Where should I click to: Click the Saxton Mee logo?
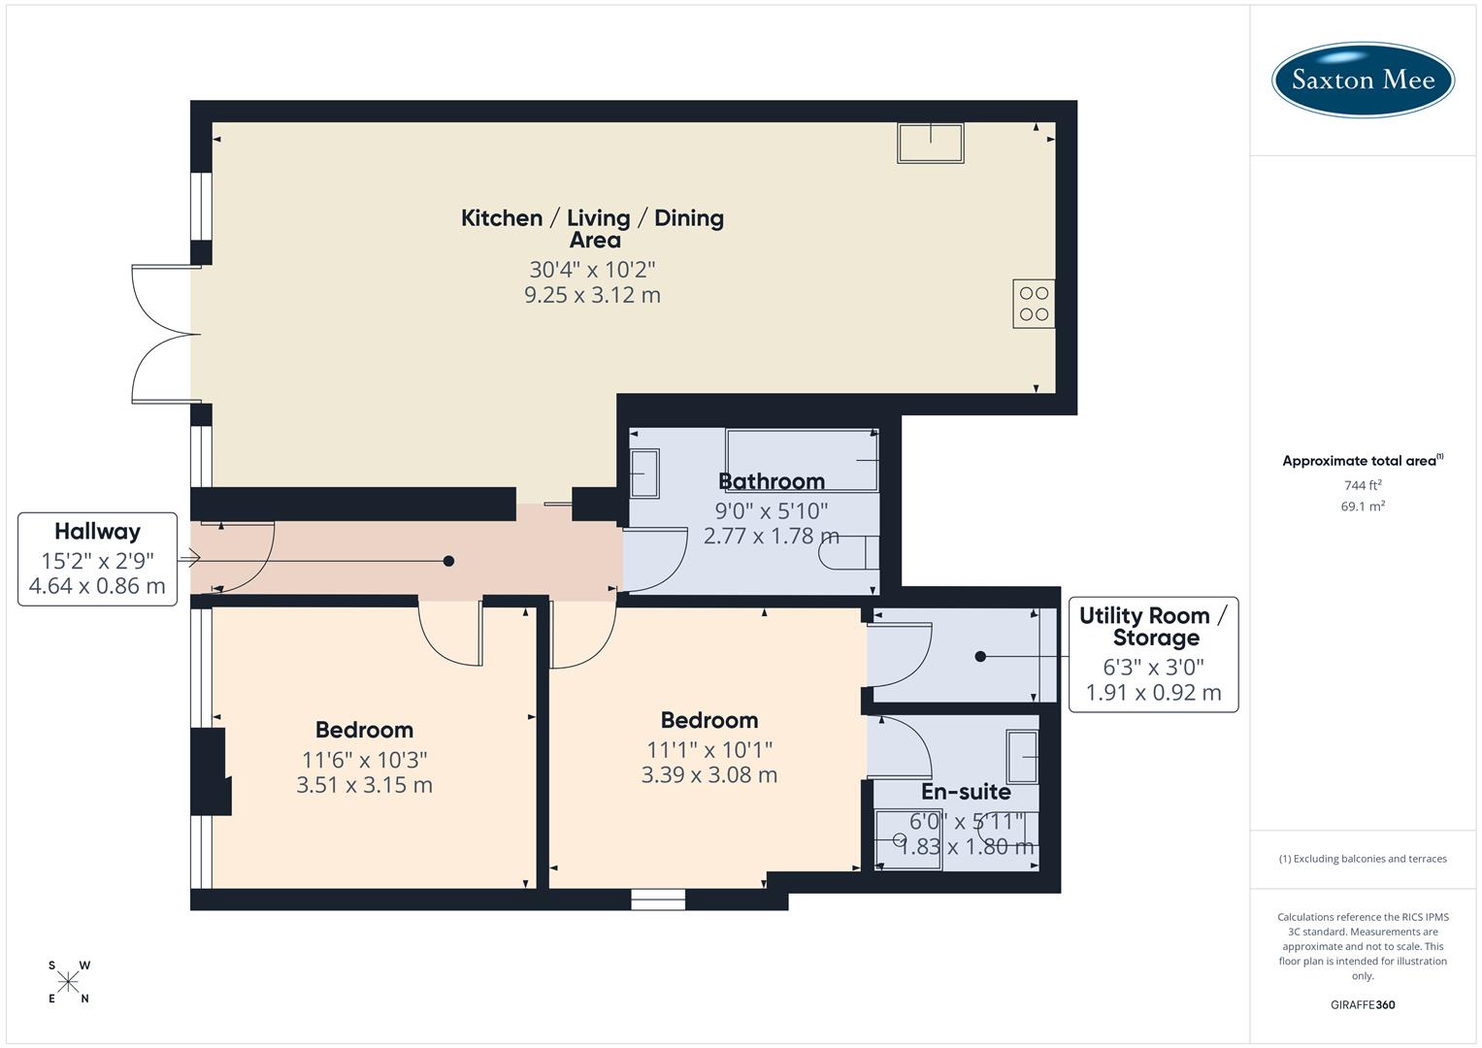[x=1363, y=80]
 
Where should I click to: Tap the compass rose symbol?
[x=68, y=982]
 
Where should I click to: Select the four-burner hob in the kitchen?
[x=1034, y=304]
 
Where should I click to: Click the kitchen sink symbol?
[x=931, y=143]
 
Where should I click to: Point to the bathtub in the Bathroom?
[x=802, y=460]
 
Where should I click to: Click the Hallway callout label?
[x=97, y=559]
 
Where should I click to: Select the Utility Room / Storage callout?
[x=1153, y=654]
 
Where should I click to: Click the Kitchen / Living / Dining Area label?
[x=592, y=228]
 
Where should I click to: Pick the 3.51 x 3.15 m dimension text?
[x=364, y=785]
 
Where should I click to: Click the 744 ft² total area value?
[x=1363, y=485]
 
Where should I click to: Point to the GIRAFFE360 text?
[x=1363, y=1004]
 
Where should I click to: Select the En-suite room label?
[x=966, y=791]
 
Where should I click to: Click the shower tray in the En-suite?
[x=907, y=839]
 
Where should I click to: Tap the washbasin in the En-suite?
[x=1022, y=757]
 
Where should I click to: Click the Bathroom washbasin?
[x=644, y=474]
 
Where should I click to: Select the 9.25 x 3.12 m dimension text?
[x=592, y=295]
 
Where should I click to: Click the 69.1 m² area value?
[x=1363, y=507]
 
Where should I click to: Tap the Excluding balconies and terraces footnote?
[x=1363, y=859]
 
